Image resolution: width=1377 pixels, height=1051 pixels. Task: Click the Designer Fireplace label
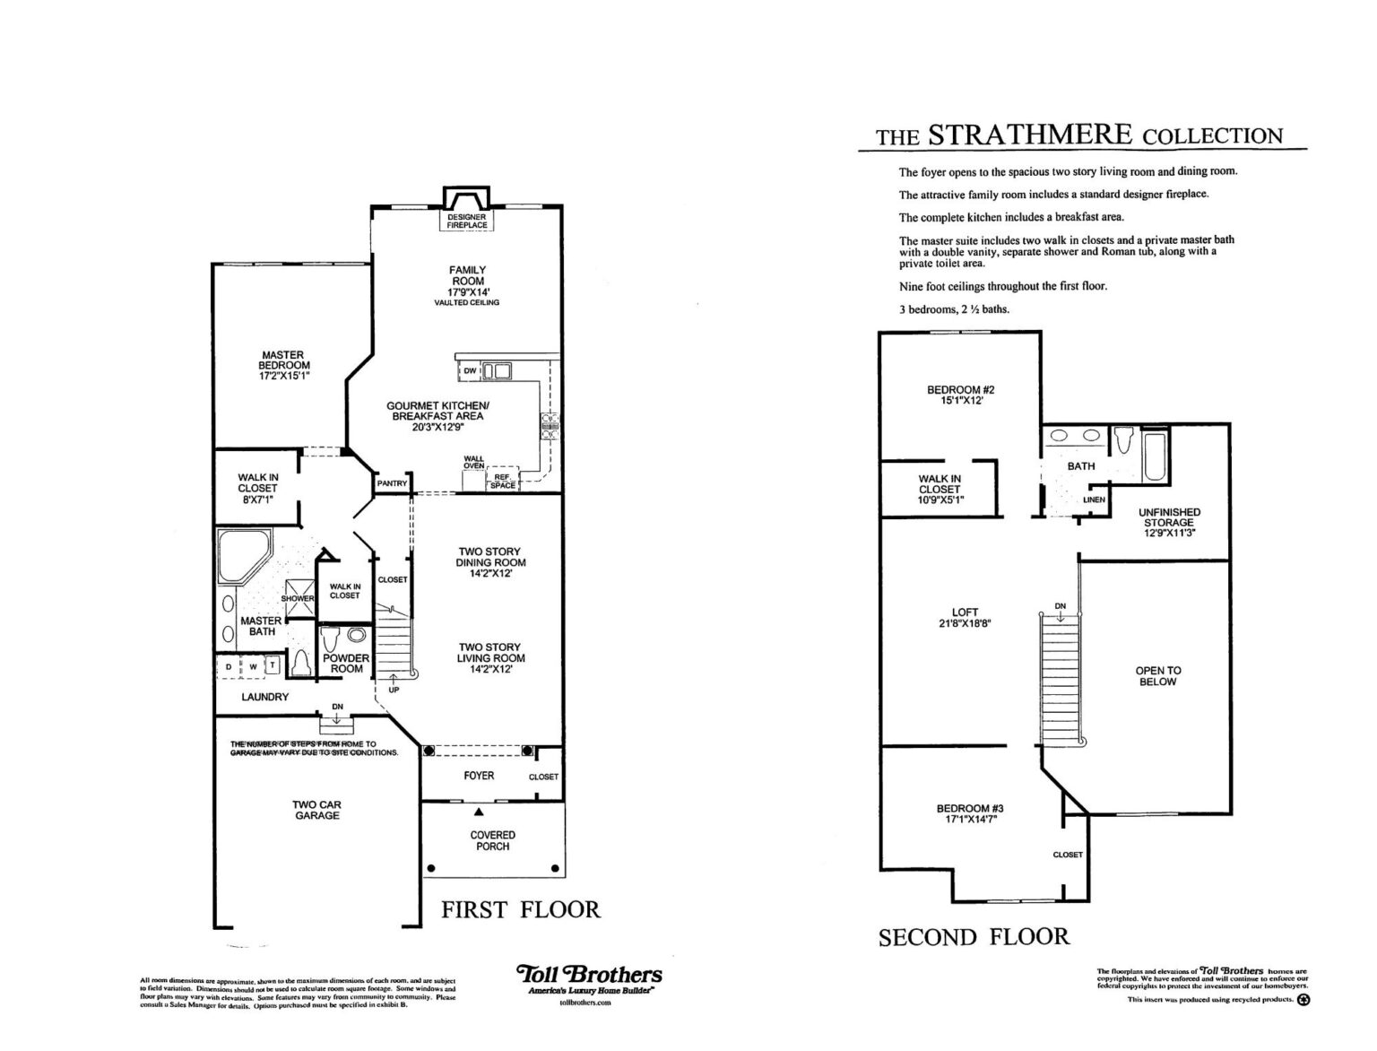[467, 221]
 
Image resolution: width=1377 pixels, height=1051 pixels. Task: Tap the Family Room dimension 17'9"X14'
[468, 291]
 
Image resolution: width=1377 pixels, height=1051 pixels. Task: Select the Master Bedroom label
[283, 360]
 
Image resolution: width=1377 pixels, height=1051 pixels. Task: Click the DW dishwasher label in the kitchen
[469, 370]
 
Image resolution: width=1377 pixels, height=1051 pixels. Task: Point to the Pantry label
[392, 483]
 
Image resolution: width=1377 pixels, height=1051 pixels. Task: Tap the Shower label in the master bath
[297, 598]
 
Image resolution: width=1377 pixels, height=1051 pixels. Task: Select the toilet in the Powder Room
[331, 640]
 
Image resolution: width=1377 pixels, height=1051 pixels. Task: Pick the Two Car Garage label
[316, 810]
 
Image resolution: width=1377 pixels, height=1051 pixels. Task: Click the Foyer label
[479, 776]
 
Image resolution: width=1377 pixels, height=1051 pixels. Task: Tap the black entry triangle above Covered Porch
[479, 812]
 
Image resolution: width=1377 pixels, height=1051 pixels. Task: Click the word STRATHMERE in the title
[1031, 135]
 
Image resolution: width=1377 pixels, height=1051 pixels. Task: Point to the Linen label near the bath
[1094, 499]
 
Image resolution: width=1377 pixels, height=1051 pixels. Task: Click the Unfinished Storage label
[1169, 517]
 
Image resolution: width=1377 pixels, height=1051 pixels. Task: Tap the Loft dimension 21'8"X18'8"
[965, 623]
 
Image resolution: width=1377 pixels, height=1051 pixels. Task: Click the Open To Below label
[1157, 676]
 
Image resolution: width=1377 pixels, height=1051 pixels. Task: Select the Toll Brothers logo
[589, 974]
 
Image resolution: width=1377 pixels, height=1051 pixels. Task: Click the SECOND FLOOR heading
[974, 937]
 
